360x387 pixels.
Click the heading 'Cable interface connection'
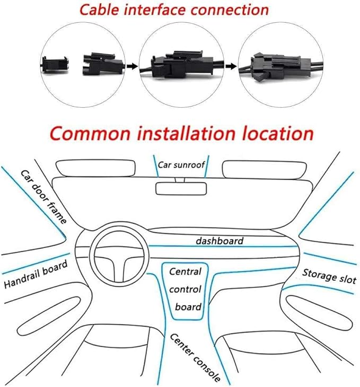pos(180,10)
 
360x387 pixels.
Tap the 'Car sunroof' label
pos(181,165)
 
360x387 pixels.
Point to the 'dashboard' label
pos(219,241)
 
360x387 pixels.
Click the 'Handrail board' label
pos(36,276)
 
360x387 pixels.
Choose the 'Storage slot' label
pos(329,276)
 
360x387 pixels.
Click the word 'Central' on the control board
pos(185,271)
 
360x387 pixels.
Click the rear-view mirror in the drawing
pos(180,187)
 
